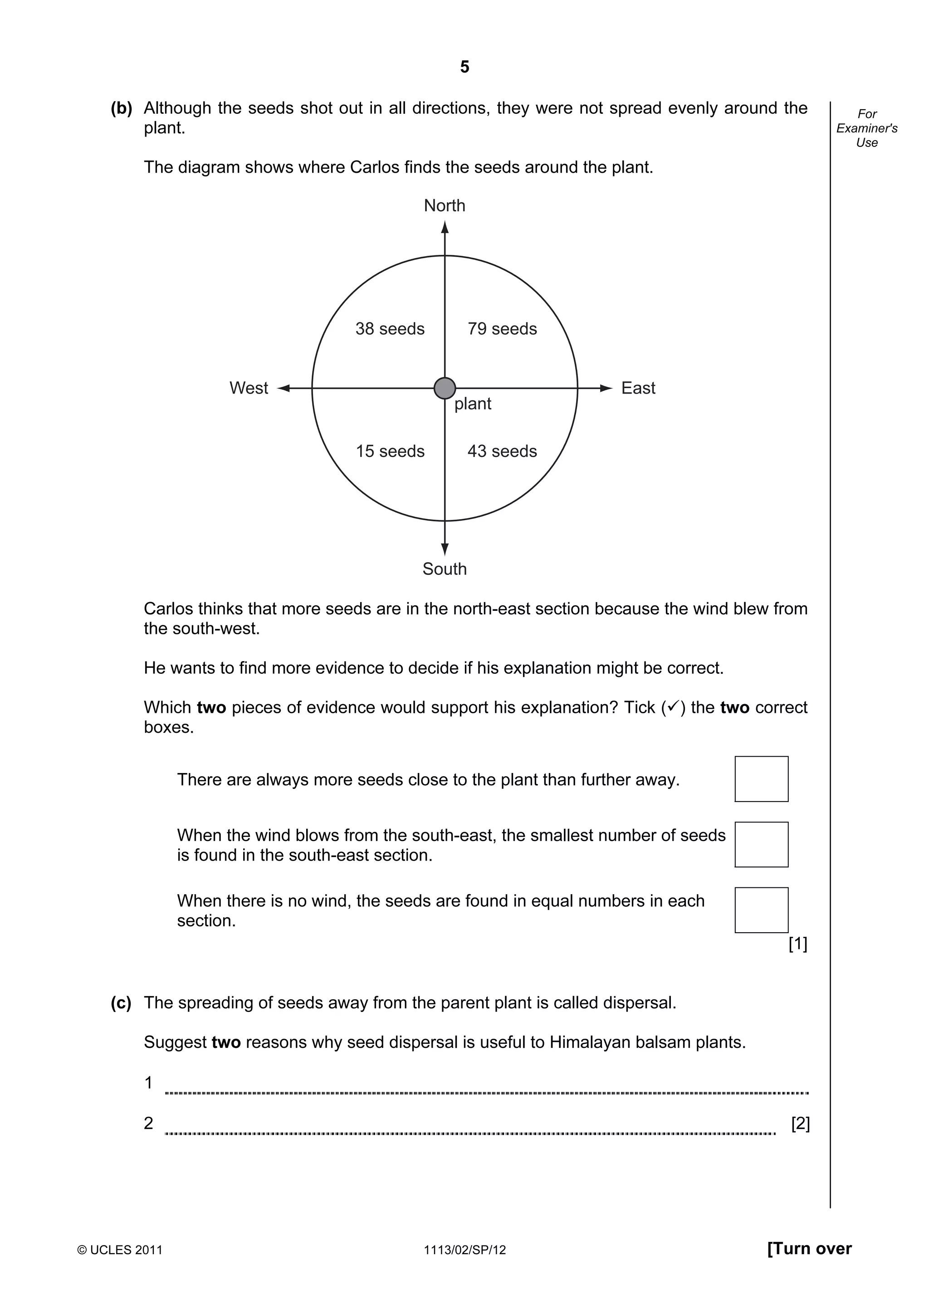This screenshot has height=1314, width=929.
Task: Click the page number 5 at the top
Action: coord(464,68)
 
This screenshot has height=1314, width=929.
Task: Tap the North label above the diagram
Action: coord(444,205)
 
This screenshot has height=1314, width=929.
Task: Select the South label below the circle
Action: coord(444,569)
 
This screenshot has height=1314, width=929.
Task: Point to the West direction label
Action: coord(249,388)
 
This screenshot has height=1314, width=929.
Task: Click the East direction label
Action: coord(638,388)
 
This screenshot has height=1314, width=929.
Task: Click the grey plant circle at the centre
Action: coord(445,388)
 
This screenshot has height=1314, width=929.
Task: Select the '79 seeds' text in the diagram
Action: coord(502,329)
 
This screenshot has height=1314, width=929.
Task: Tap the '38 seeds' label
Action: coord(390,329)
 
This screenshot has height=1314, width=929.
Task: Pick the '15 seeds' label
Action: coord(390,452)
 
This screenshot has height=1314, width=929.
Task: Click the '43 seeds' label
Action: coord(502,452)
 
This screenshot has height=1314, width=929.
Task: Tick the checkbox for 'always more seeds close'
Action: coord(761,779)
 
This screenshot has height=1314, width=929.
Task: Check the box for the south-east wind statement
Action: coord(761,844)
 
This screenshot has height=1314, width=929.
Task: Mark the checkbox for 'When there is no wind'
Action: coord(761,910)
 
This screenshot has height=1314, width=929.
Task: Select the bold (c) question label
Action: coord(121,1003)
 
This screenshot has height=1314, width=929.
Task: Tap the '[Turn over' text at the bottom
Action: coord(809,1249)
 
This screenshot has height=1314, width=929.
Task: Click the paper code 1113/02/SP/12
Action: coord(465,1250)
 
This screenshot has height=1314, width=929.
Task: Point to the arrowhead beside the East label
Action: coord(607,388)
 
